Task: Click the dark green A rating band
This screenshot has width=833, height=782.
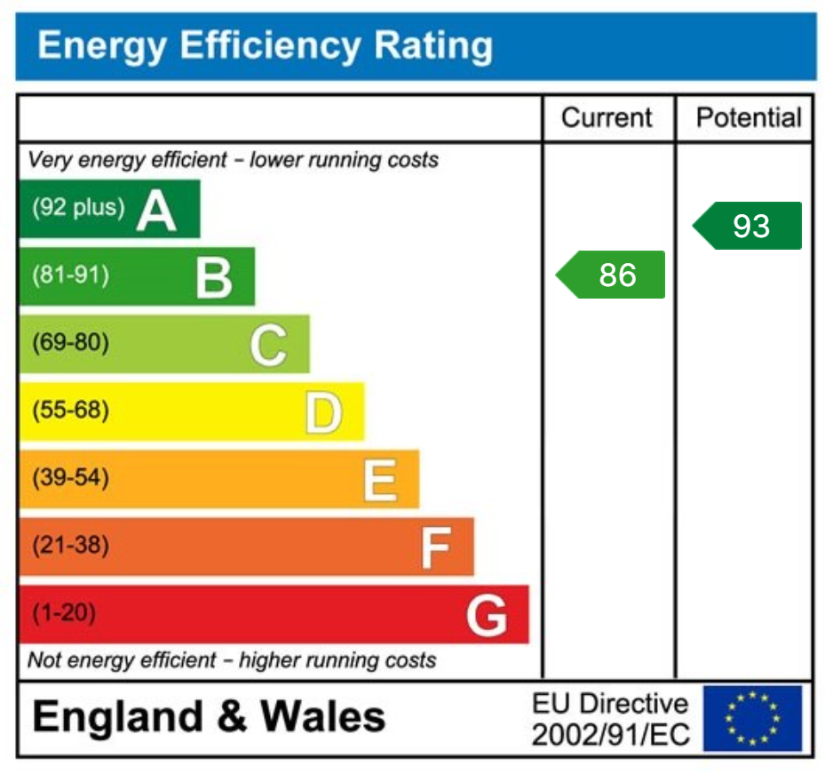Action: coord(109,209)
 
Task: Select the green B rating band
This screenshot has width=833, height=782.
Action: coord(137,276)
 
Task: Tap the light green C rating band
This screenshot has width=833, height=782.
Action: coord(164,344)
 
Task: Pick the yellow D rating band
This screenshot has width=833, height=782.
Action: coord(192,411)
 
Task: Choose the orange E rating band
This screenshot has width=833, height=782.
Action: coord(219,479)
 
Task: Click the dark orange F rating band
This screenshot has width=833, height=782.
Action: coord(247,547)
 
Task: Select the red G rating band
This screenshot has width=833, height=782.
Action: coord(274,614)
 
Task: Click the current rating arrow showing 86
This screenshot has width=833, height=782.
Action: coord(612,275)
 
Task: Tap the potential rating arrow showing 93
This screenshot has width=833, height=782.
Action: coord(748,226)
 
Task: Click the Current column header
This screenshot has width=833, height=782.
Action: coord(607,118)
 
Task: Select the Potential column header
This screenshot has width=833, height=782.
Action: coord(748,118)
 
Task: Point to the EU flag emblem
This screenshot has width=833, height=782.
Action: coord(752,718)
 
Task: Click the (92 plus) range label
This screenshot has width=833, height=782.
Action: coord(77,208)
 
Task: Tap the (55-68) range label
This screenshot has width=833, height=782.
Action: coord(70,411)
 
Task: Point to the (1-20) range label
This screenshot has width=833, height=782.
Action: coord(64,613)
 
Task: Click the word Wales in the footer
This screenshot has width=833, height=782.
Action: coord(322,716)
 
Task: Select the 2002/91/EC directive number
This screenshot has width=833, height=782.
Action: coord(609,734)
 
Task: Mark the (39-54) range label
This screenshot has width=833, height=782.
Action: coord(70,479)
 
